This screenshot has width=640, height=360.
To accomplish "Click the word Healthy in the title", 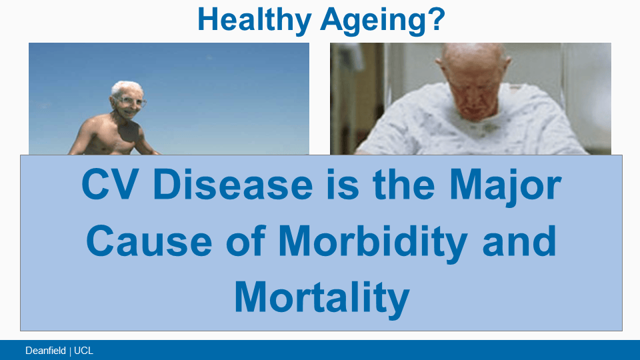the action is coord(254,19).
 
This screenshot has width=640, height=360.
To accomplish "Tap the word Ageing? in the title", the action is coord(383,19).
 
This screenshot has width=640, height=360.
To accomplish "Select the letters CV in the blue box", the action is coord(109,185).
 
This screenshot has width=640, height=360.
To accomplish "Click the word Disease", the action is coord(233,185).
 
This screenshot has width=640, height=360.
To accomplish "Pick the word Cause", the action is coord(149,241).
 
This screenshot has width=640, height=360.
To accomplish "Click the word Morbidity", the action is coord(373,243).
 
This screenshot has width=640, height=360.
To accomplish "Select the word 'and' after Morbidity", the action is coord(519,241).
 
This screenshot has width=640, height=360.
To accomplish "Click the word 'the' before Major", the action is coord(404,185).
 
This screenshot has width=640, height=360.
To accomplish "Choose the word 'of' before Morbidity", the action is coord(246,241).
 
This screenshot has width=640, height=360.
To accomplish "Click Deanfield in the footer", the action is coord(45,351).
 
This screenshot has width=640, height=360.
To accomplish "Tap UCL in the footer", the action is coord(84,351).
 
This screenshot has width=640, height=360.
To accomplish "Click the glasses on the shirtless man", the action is coord(131,101).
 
